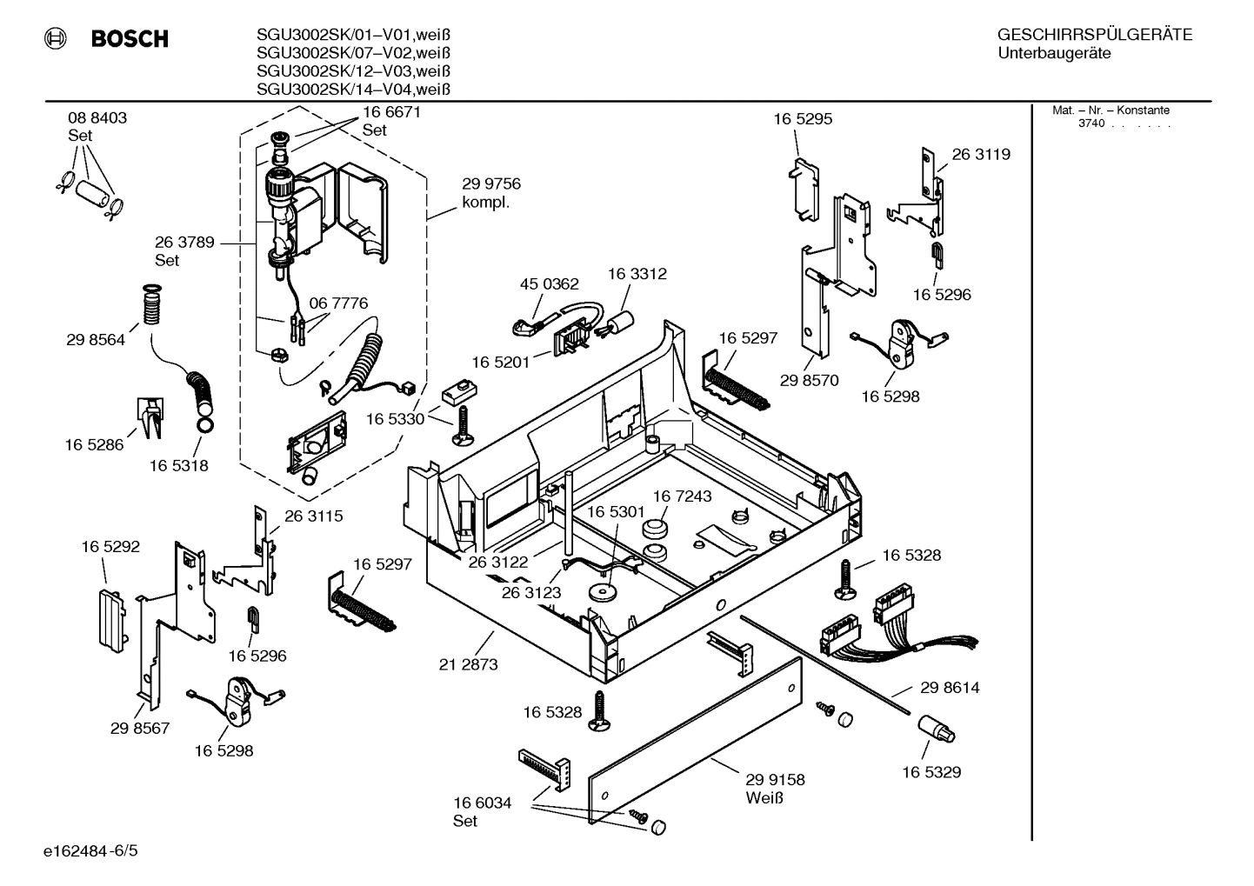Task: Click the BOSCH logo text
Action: [x=129, y=39]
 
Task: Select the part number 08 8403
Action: [x=97, y=118]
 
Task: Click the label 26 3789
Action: [x=184, y=243]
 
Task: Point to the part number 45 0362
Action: [x=549, y=284]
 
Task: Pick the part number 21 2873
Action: [x=468, y=665]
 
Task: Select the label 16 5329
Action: [x=931, y=772]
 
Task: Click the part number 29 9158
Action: [x=775, y=780]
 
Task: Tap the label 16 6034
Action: [x=482, y=803]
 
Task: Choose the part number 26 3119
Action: [x=981, y=155]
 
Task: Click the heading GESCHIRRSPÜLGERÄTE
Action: [x=1094, y=35]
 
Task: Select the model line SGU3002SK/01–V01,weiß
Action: [x=353, y=35]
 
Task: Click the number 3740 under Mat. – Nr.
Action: [x=1091, y=123]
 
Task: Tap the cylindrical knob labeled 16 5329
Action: [x=937, y=730]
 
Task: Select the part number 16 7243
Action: [x=682, y=496]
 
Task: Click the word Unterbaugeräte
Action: [x=1054, y=54]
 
